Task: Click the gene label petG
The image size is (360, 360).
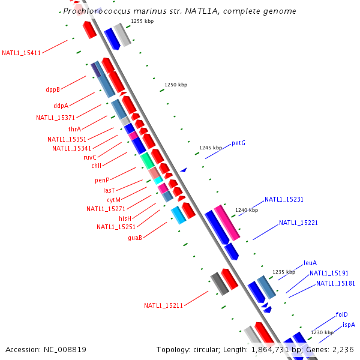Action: [238, 143]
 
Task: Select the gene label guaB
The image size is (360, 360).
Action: [135, 238]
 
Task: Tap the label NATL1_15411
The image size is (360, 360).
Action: [21, 53]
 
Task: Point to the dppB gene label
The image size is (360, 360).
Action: [53, 90]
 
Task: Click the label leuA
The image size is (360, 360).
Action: [310, 263]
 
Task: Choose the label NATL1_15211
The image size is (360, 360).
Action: [163, 305]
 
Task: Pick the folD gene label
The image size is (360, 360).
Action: [341, 314]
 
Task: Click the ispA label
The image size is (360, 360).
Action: [349, 325]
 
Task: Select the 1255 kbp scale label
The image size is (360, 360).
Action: [142, 21]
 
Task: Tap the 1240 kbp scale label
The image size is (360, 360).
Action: [247, 210]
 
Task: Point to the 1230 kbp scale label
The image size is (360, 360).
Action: [322, 332]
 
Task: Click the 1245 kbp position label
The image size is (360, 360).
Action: [211, 147]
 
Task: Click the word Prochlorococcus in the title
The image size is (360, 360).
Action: [96, 11]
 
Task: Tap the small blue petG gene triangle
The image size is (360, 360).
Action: [184, 170]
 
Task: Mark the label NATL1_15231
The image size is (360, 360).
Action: [284, 199]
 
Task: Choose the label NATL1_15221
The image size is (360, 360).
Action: [298, 223]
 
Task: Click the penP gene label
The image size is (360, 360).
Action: [102, 180]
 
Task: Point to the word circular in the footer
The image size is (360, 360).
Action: [210, 349]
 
